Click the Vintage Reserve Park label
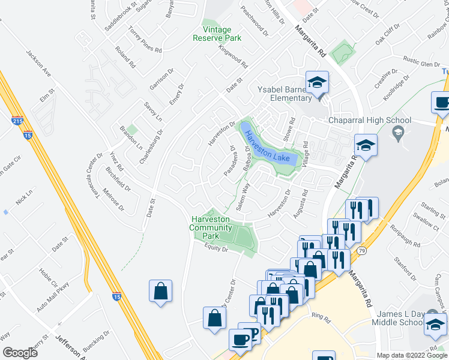[217, 34]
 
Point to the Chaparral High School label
[369, 120]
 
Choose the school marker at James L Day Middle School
[435, 324]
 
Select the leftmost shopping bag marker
[161, 292]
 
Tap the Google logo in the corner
[20, 353]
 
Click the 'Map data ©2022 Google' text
[412, 355]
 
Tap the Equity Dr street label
[215, 248]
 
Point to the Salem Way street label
[243, 199]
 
